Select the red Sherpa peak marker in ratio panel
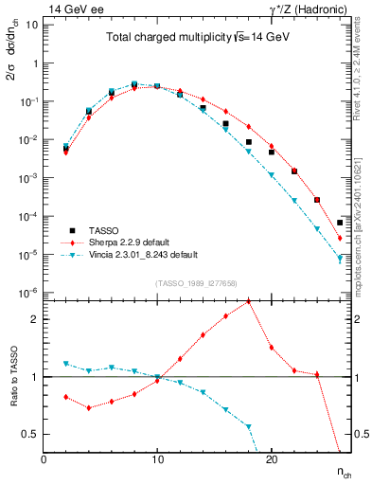248,301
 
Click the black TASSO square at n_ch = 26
340,224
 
